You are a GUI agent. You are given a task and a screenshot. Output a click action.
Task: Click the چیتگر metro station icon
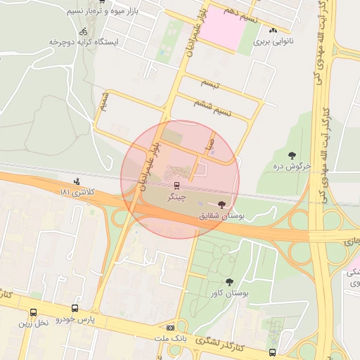176,186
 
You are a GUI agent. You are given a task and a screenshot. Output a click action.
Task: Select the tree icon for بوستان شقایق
222,205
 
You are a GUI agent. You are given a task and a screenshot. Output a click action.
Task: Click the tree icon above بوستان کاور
229,282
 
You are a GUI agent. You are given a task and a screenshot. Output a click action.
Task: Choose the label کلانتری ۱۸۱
76,193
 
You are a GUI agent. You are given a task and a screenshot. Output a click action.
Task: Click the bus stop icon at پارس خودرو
75,308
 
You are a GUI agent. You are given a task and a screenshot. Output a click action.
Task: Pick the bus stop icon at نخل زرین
33,312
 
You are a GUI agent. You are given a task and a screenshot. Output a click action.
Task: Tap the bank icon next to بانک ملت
170,328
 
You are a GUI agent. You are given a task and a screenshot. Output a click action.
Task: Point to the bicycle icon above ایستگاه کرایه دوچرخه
84,31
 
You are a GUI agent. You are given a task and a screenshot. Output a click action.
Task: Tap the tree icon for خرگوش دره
292,155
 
